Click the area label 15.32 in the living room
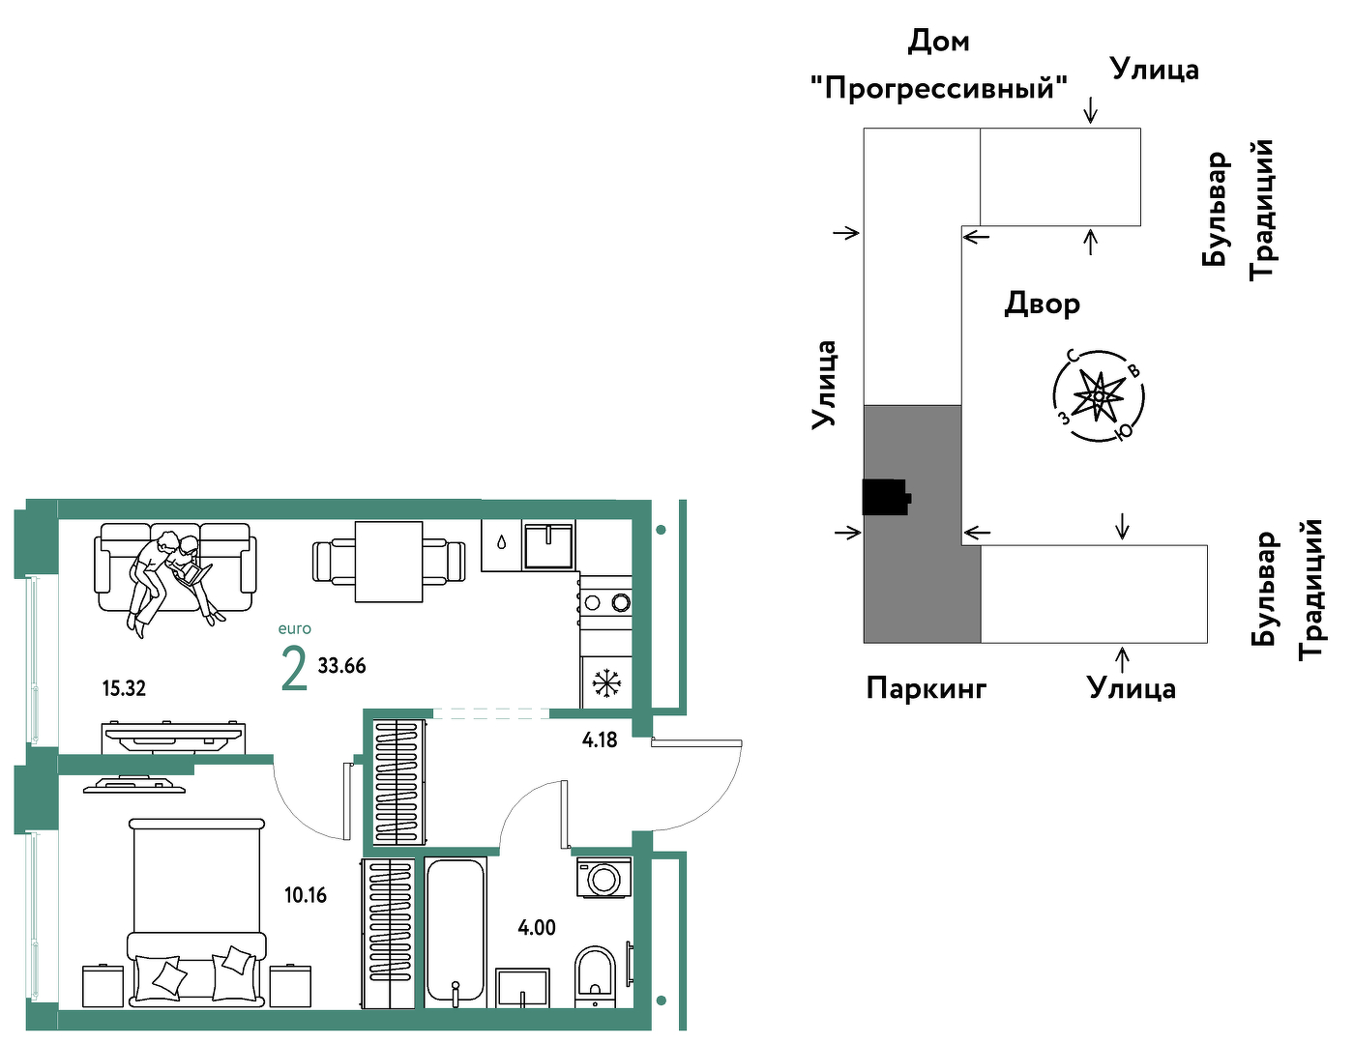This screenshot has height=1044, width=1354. tap(124, 688)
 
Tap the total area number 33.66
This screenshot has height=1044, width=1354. tap(341, 665)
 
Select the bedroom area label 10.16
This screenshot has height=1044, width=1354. tap(306, 895)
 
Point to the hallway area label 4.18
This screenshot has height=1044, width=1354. tap(600, 739)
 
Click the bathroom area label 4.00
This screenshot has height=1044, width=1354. tap(537, 928)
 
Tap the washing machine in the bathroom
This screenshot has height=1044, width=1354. tap(603, 879)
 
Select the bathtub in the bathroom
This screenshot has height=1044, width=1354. tap(456, 933)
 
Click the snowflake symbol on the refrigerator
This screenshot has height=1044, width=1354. tap(603, 682)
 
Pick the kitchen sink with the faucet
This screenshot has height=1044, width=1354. tap(548, 546)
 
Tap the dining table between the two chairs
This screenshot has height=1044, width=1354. tap(389, 562)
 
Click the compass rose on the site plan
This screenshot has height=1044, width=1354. tap(1099, 396)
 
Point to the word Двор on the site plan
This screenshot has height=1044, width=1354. tap(1042, 304)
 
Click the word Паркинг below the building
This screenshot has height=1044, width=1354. tap(927, 689)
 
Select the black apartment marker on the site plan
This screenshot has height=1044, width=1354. tap(886, 497)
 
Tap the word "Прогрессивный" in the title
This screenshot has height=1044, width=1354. tap(939, 88)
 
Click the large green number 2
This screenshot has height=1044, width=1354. tap(294, 669)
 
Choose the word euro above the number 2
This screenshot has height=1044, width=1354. tap(295, 628)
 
